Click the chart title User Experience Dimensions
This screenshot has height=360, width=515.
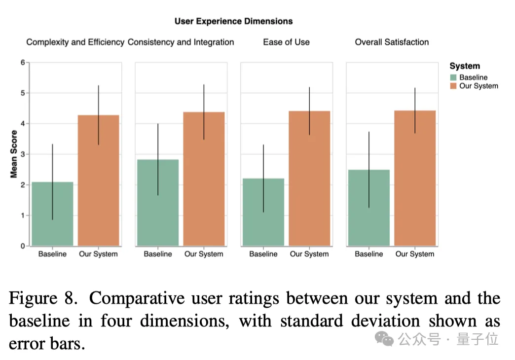[x=233, y=21]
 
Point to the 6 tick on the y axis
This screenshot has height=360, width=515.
[x=22, y=63]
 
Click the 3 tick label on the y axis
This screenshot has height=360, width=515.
[x=22, y=154]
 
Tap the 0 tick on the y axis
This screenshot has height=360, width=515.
[x=22, y=246]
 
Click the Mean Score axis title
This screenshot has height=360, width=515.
[x=14, y=154]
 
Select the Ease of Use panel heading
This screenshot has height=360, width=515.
[x=286, y=42]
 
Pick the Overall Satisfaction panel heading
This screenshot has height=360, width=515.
[x=392, y=42]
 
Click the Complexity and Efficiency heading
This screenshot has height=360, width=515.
[x=75, y=42]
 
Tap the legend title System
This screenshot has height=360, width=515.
[x=464, y=66]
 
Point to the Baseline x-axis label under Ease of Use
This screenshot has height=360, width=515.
[x=263, y=254]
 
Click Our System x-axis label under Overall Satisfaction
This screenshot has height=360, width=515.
[x=415, y=254]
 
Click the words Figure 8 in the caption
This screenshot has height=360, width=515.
[x=42, y=298]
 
